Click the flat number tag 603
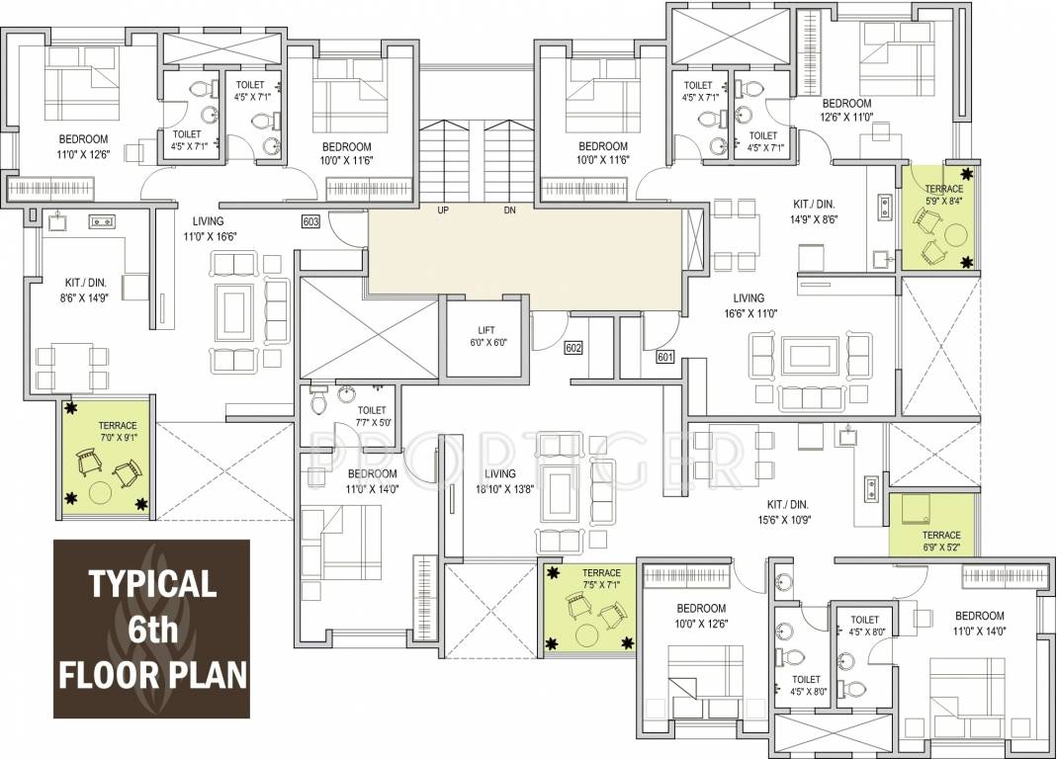[310, 221]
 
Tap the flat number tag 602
[573, 348]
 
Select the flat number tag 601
[664, 357]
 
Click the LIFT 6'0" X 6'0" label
[486, 336]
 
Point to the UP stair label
[443, 211]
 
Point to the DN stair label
[509, 211]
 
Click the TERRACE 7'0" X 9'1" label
[118, 432]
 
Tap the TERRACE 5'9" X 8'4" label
[943, 195]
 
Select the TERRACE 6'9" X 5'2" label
[941, 542]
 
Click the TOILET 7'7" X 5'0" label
[372, 416]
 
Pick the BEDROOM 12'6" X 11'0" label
[846, 109]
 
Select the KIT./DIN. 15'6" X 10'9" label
[788, 512]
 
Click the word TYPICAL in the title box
[152, 584]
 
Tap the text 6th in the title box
[153, 630]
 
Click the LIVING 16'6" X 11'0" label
[749, 305]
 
